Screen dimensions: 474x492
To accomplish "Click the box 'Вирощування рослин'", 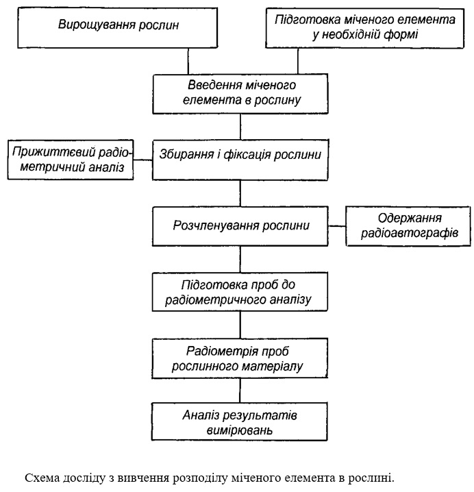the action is (x=117, y=28).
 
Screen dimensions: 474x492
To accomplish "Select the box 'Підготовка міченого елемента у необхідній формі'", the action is (x=364, y=28).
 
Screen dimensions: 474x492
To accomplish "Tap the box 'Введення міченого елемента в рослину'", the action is (x=240, y=94).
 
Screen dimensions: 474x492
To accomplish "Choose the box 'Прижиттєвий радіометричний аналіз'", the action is (x=71, y=160).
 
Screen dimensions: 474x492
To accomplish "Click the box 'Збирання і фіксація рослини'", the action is (x=240, y=160).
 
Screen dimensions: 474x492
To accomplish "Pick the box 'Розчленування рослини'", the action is (x=240, y=226).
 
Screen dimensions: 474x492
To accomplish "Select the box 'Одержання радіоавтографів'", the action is (x=408, y=226).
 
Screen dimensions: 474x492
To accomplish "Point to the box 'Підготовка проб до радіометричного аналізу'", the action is (x=240, y=292).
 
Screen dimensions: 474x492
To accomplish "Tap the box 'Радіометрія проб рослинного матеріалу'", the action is (x=240, y=358).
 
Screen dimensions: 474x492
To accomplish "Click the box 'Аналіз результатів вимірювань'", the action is (x=240, y=422).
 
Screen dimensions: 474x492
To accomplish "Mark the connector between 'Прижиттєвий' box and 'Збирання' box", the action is (x=143, y=160).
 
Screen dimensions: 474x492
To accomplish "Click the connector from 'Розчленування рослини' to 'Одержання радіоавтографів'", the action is (x=337, y=226).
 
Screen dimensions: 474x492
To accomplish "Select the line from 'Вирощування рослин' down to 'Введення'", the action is (x=188, y=61).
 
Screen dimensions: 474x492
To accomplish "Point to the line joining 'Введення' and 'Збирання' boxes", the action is (x=240, y=127).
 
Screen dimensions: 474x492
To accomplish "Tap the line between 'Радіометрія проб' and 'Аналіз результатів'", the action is (x=240, y=391).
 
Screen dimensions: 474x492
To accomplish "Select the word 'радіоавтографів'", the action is (x=410, y=233).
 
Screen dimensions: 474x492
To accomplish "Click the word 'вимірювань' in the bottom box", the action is (x=239, y=430).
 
